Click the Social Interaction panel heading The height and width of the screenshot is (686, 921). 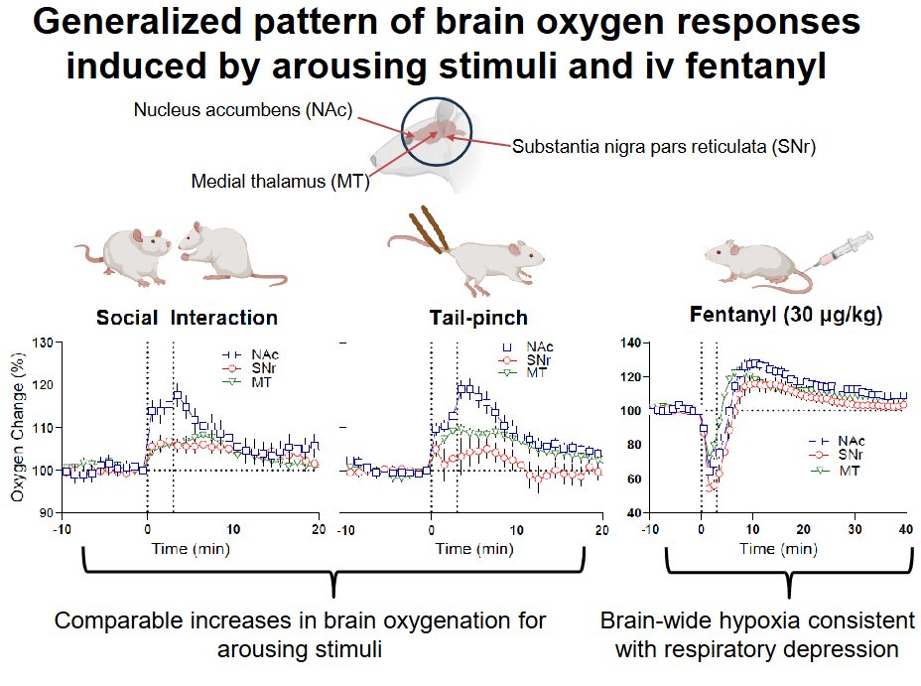pos(187,319)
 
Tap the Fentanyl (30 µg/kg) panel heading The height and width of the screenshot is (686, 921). pos(773,317)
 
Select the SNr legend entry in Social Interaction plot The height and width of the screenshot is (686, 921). pos(257,366)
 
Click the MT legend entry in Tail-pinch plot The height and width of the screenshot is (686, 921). pos(535,372)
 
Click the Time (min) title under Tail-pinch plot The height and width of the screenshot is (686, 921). pos(470,548)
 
